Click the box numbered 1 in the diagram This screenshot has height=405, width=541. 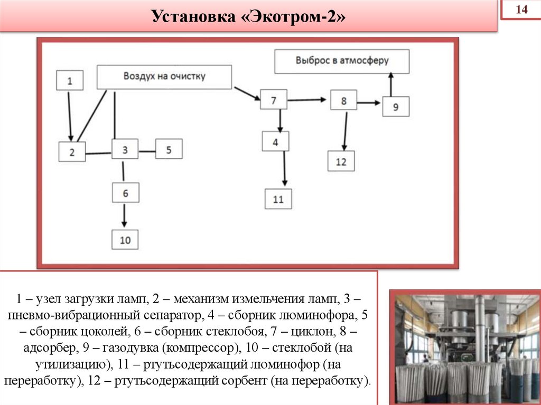click(x=70, y=81)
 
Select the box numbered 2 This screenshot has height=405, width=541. click(x=72, y=152)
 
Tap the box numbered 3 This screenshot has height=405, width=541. click(x=125, y=149)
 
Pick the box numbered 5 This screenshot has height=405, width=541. click(x=169, y=149)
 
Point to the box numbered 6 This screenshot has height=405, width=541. click(x=125, y=193)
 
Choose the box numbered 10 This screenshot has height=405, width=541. click(x=125, y=240)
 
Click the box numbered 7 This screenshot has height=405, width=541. click(x=274, y=100)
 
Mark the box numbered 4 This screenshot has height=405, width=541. click(x=275, y=141)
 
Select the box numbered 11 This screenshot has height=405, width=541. click(x=278, y=199)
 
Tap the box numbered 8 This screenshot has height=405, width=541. click(x=343, y=100)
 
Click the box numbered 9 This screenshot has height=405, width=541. click(x=396, y=107)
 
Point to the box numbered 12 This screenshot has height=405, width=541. click(x=341, y=161)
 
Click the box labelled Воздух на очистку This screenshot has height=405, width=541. click(x=164, y=77)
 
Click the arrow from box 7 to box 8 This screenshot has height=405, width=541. click(x=309, y=99)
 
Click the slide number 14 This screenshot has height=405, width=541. click(x=521, y=10)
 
